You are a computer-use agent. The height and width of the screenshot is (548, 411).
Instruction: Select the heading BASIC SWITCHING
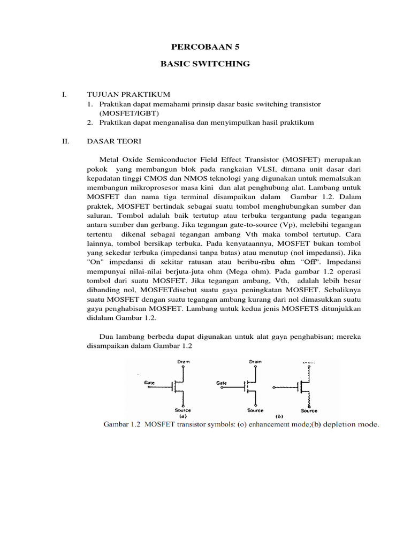[x=205, y=64]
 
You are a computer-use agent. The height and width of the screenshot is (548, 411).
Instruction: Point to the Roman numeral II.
[x=65, y=141]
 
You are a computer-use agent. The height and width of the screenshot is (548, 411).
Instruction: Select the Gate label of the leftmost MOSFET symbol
[x=149, y=383]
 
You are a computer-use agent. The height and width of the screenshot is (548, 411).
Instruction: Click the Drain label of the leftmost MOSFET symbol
[x=184, y=362]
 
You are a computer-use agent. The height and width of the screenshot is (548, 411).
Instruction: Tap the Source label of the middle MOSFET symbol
[x=255, y=410]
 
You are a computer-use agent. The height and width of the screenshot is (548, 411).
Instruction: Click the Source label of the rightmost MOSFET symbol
[x=309, y=410]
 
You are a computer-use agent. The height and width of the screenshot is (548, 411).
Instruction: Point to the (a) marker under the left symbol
[x=182, y=416]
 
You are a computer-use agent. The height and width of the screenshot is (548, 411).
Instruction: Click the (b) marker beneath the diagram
[x=279, y=416]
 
